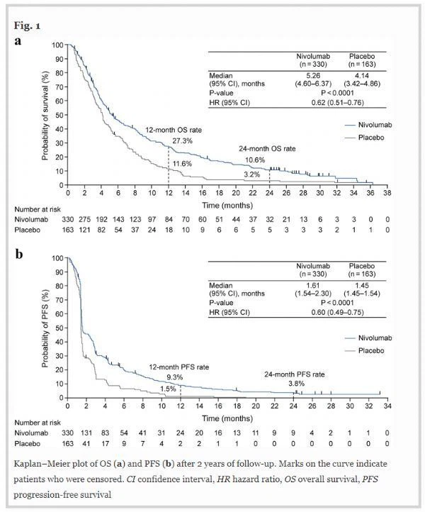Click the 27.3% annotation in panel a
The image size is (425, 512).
click(x=182, y=141)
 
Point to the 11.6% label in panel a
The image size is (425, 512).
click(x=182, y=164)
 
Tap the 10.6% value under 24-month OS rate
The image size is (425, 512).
click(x=255, y=160)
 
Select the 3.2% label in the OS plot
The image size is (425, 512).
click(x=251, y=174)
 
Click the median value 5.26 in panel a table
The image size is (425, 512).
click(x=313, y=76)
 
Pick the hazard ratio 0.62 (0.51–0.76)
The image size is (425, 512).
click(x=337, y=103)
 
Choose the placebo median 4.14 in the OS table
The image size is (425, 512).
click(x=362, y=76)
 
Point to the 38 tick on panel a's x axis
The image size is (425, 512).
click(x=387, y=193)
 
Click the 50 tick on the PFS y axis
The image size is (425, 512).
click(x=59, y=328)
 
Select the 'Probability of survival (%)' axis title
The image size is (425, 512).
click(x=45, y=116)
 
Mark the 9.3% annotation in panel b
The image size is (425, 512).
click(x=175, y=377)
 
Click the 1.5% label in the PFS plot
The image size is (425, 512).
click(x=168, y=389)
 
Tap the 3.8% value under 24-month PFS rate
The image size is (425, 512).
click(x=297, y=384)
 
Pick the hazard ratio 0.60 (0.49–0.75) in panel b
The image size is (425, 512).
click(x=337, y=313)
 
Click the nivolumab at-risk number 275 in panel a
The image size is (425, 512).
click(x=85, y=219)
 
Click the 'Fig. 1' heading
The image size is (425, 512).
click(x=27, y=26)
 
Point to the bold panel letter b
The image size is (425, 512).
click(x=19, y=254)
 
